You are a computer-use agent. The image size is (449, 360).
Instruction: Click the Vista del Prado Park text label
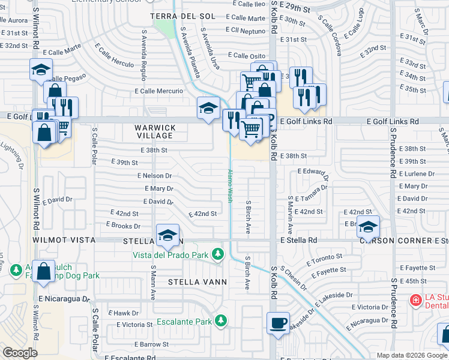point(172,255)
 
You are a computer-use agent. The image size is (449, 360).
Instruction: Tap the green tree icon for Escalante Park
point(221,321)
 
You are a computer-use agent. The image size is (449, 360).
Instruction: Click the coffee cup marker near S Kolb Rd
point(279,322)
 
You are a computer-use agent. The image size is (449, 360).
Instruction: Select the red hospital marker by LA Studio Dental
point(415,299)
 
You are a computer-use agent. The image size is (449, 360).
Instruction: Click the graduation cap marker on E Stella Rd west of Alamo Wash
point(168,235)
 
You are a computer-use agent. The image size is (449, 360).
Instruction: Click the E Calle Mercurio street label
point(158,91)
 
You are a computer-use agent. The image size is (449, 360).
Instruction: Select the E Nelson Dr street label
point(154,176)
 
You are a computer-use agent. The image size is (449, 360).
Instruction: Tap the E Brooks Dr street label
point(123,226)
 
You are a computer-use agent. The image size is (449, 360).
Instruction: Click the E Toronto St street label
point(324,259)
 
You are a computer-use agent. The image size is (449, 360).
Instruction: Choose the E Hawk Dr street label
point(123,313)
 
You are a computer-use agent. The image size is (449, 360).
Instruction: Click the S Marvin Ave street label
point(290,214)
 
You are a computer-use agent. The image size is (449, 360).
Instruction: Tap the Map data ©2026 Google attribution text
point(412,355)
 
